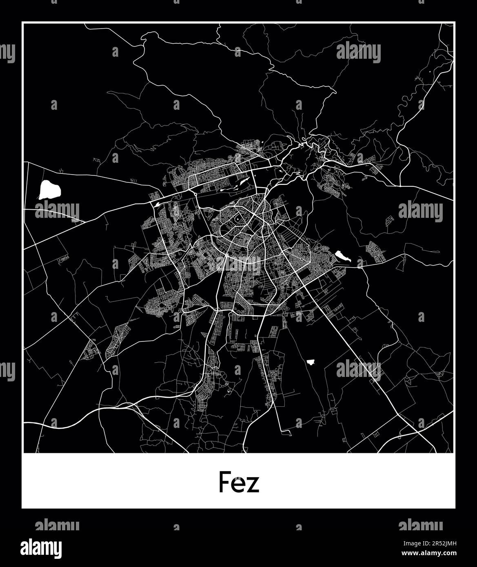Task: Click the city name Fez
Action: point(239,482)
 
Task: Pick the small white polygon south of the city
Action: point(311,362)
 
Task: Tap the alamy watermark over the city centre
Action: point(238,265)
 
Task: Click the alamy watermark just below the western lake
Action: point(57,211)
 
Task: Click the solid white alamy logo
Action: point(42,547)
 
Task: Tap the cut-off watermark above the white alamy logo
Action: point(57,525)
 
